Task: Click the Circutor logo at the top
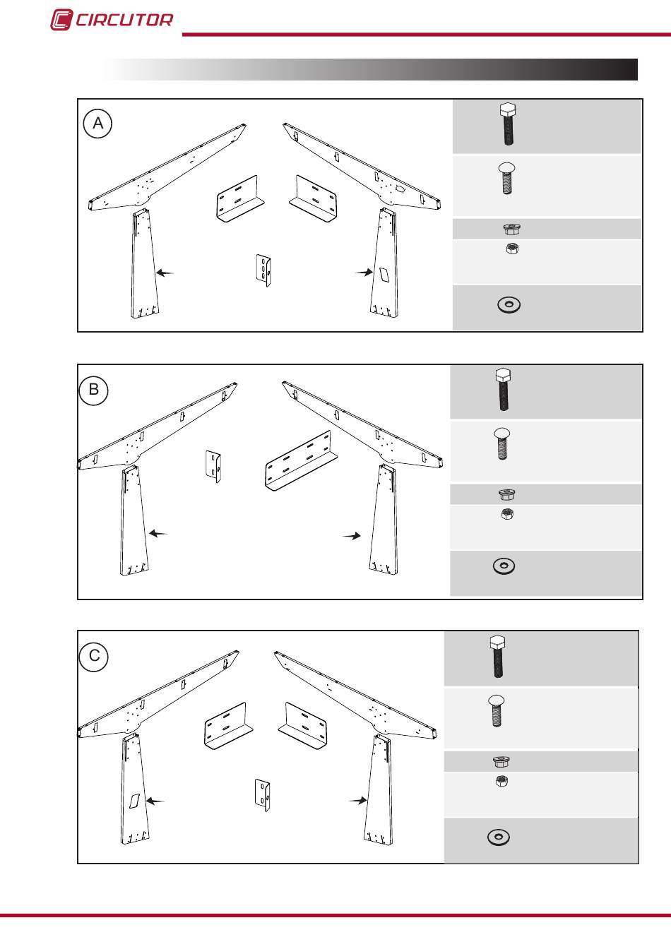tap(112, 20)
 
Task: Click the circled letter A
tap(98, 124)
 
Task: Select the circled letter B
tap(94, 390)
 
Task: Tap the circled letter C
tap(94, 656)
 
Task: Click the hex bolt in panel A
tap(508, 124)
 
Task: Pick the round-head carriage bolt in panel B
tap(502, 443)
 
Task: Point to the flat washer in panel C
tap(499, 837)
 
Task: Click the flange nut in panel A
tap(511, 229)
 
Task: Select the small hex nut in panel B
tap(507, 514)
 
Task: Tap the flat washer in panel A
tap(509, 304)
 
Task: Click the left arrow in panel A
tap(165, 273)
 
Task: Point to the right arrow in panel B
tap(352, 536)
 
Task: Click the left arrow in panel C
tap(155, 801)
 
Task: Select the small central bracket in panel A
tap(263, 270)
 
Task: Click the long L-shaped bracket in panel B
tap(302, 460)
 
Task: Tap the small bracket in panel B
tap(213, 467)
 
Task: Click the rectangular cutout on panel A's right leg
tap(384, 275)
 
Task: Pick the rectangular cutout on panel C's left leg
tap(134, 801)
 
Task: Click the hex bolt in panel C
tap(498, 656)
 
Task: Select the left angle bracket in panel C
tap(228, 726)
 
